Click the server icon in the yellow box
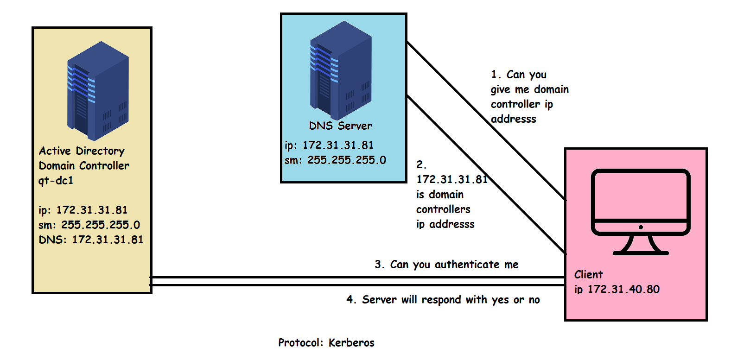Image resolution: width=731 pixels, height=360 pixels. (x=98, y=91)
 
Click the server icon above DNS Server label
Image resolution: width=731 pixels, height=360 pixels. (x=341, y=70)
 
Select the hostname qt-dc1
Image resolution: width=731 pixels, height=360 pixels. (x=56, y=181)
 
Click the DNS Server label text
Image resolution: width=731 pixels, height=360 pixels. (x=340, y=126)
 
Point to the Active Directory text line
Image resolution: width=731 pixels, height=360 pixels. (x=82, y=151)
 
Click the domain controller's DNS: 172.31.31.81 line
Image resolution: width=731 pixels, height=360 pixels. (x=91, y=240)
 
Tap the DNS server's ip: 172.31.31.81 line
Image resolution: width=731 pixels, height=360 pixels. (x=329, y=145)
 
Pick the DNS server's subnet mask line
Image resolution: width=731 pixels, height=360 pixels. (x=335, y=160)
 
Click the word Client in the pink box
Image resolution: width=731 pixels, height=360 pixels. (x=588, y=275)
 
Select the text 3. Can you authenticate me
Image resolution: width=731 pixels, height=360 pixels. (x=446, y=265)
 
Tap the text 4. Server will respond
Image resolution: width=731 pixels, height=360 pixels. (x=443, y=300)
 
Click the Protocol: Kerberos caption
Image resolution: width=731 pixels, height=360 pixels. (x=326, y=343)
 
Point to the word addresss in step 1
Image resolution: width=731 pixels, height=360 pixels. (x=513, y=119)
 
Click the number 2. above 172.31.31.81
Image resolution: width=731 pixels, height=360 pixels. (x=421, y=165)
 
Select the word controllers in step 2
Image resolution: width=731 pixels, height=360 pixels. (x=443, y=209)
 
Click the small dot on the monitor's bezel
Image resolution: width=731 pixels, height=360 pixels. (x=641, y=227)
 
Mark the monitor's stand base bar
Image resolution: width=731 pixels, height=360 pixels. (x=641, y=253)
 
